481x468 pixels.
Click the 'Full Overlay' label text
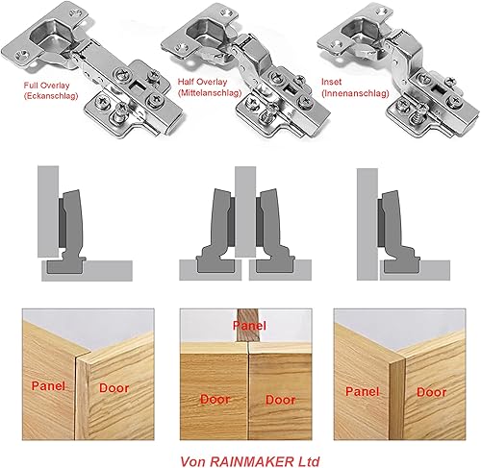tap(46, 86)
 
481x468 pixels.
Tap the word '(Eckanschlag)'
tap(51, 96)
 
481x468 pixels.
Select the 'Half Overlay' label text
tap(202, 82)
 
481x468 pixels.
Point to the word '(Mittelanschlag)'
tap(210, 93)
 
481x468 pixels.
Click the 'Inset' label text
tap(331, 82)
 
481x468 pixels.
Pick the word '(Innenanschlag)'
tap(355, 93)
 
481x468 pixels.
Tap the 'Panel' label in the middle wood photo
tap(249, 326)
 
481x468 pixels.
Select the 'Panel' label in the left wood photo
tap(48, 385)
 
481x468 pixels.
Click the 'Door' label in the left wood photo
tap(114, 388)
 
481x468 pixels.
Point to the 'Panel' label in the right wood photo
tap(363, 391)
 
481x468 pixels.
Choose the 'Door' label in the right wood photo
tap(432, 392)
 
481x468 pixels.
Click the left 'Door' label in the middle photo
tap(215, 400)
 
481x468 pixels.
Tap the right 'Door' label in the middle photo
tap(281, 400)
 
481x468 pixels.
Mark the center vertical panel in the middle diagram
tap(245, 212)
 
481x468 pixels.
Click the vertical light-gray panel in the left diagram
tap(48, 211)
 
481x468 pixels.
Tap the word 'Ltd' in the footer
tap(309, 461)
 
